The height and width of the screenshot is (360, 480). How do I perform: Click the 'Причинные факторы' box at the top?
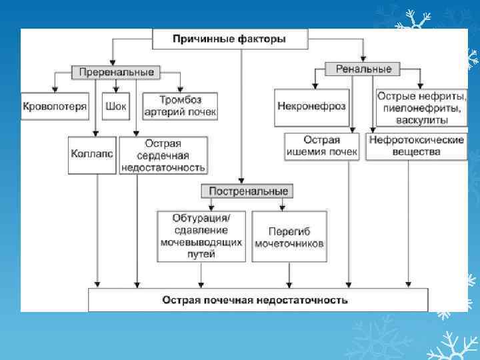pos(229,39)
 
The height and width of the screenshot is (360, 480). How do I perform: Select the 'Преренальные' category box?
pos(117,72)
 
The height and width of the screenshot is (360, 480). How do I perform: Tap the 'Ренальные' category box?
pos(363,69)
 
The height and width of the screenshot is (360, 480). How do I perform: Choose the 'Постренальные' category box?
pos(249,191)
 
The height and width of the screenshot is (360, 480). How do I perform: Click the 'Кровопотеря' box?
pos(55,107)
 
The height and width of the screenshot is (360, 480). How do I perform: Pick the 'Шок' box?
pos(117,107)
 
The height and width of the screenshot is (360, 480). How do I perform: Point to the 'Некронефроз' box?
pos(311,107)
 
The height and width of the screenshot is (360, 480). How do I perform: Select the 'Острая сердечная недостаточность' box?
pos(163,155)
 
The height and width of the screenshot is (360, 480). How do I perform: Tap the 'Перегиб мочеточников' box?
pos(289,237)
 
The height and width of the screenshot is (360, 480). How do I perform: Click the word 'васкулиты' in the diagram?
pos(421,120)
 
